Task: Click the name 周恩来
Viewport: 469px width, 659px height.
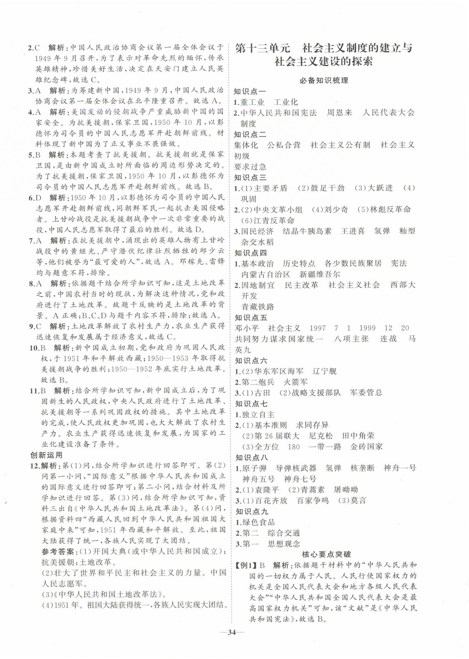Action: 339,113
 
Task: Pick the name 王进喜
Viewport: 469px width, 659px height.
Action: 353,231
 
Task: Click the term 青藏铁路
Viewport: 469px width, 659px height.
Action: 258,307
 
